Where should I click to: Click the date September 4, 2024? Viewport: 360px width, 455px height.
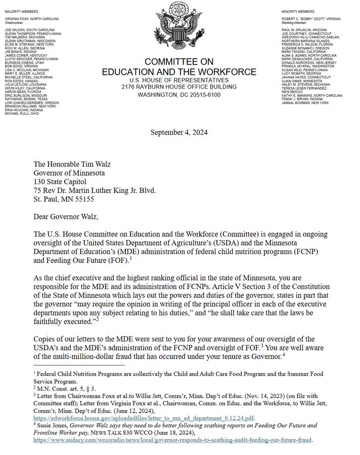point(179,132)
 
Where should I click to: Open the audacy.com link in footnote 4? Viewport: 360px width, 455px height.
point(173,440)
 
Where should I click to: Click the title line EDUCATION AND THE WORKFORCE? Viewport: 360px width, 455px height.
point(179,72)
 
